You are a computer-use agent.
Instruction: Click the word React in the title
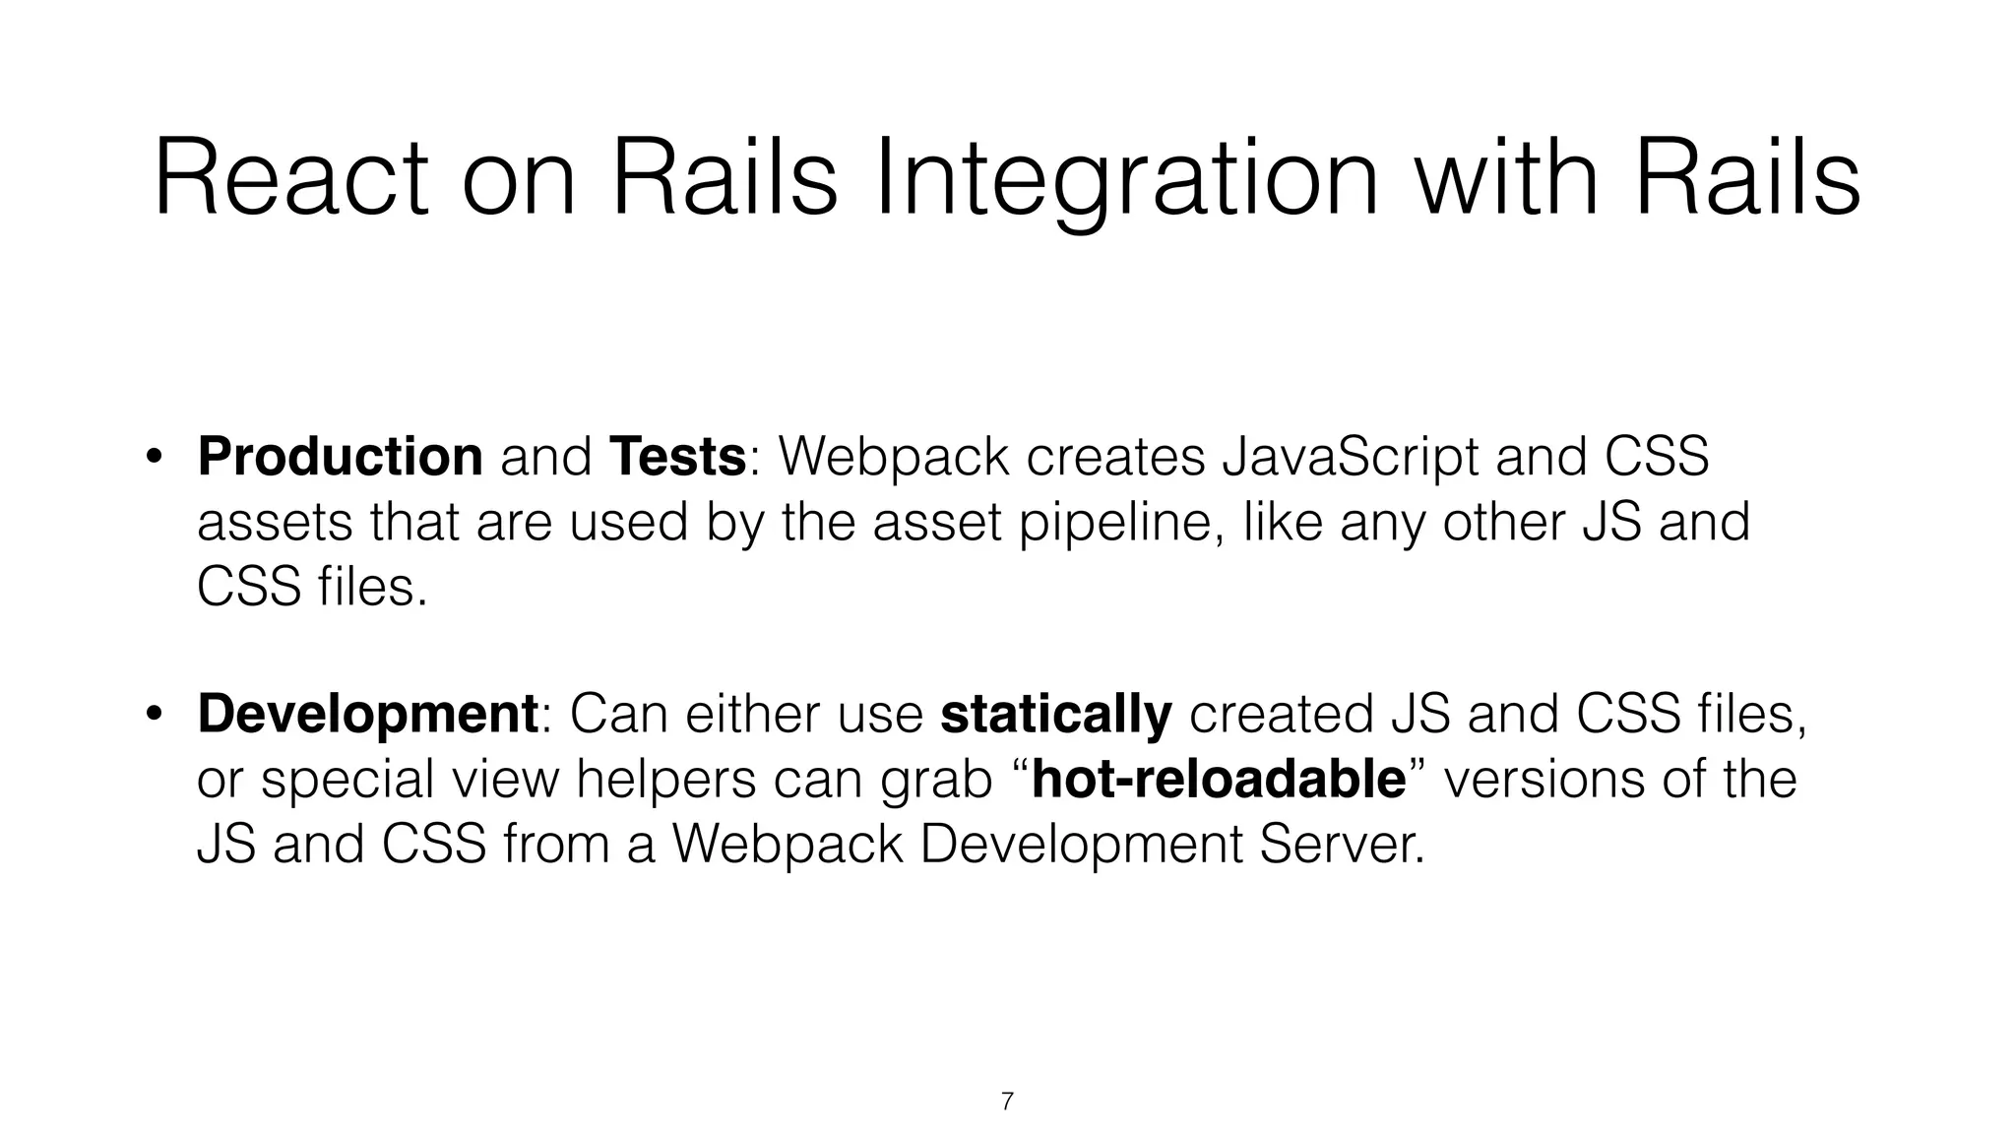(291, 179)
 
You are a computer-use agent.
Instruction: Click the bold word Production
(340, 457)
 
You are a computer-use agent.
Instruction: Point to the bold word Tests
(677, 457)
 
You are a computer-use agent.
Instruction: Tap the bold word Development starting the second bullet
(367, 714)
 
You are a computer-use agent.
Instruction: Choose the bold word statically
(1056, 714)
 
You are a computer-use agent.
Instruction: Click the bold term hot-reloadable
(1219, 780)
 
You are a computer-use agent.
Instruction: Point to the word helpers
(665, 780)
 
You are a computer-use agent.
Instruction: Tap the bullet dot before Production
(154, 457)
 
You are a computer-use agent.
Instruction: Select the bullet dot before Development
(154, 714)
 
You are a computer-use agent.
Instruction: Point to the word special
(346, 780)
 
